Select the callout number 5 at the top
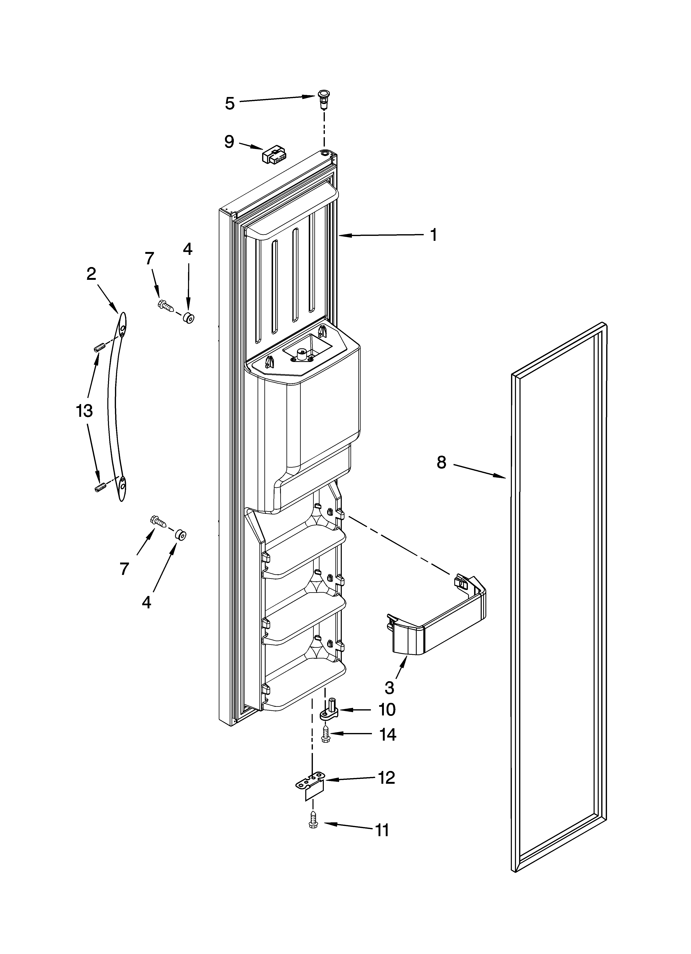tap(230, 103)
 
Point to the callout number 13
tap(84, 410)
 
